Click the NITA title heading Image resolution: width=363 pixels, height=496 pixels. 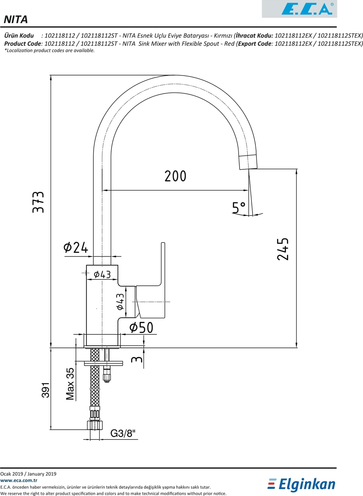(x=16, y=20)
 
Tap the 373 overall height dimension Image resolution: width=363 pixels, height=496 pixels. (x=38, y=202)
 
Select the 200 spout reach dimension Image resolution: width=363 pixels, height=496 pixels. (x=175, y=176)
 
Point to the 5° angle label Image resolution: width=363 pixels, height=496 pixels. (x=238, y=208)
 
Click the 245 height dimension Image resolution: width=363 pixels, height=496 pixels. (x=283, y=249)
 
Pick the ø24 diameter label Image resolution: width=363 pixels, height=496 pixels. (x=75, y=247)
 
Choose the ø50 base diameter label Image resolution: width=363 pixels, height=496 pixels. (x=141, y=328)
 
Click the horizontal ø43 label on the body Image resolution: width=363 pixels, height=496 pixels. (x=102, y=274)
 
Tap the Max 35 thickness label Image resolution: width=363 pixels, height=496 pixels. (x=70, y=384)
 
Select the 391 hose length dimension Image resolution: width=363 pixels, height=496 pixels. (x=46, y=390)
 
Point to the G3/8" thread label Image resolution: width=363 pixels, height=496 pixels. (x=123, y=433)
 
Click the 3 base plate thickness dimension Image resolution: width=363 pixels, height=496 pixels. (x=137, y=358)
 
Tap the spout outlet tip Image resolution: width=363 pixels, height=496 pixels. (x=248, y=162)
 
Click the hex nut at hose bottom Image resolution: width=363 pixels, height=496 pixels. (x=95, y=425)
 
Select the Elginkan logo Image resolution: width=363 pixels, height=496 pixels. (x=301, y=484)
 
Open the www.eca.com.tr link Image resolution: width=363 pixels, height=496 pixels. (x=19, y=480)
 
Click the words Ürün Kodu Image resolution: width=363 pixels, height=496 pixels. (x=19, y=35)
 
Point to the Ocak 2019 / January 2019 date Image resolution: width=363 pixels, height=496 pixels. (x=28, y=474)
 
